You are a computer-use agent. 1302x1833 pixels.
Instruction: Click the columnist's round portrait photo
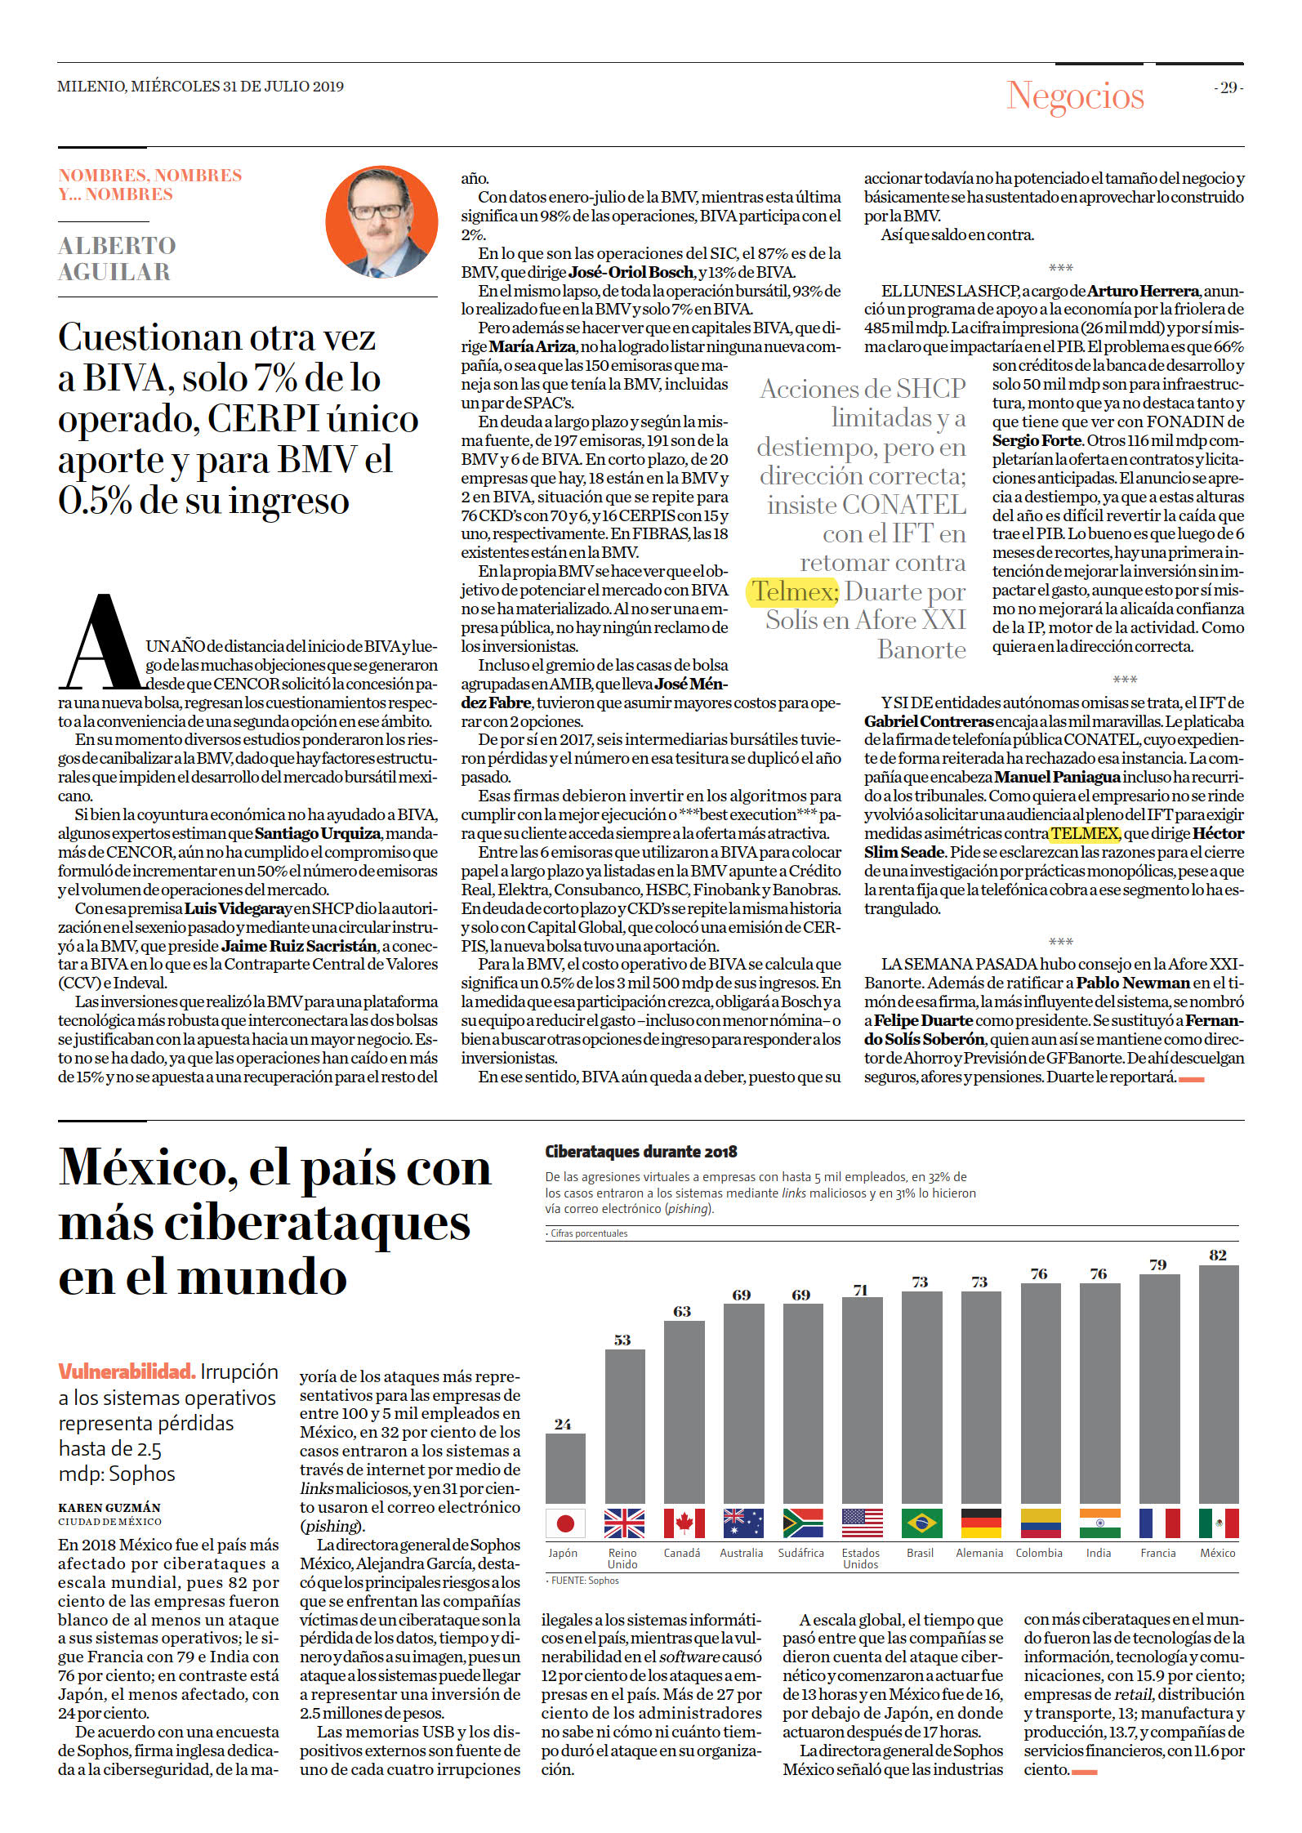click(381, 221)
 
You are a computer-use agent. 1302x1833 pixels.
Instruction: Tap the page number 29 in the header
click(1228, 87)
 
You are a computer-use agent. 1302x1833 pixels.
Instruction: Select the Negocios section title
click(1075, 96)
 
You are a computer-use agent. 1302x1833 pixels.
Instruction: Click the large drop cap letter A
click(101, 643)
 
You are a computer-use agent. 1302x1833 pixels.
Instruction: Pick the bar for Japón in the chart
click(565, 1468)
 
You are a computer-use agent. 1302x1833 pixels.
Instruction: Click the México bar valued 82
click(1218, 1384)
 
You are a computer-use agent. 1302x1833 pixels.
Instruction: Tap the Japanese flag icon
click(565, 1523)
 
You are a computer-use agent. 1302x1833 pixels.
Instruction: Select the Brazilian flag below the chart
click(922, 1523)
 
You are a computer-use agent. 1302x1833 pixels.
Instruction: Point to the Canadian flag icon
click(684, 1523)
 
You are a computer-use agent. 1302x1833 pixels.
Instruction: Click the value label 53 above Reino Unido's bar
click(622, 1340)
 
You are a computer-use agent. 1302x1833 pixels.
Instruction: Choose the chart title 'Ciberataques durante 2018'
click(641, 1152)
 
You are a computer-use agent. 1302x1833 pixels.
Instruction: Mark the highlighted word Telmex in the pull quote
click(792, 591)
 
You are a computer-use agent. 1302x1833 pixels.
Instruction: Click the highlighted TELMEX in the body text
click(1084, 833)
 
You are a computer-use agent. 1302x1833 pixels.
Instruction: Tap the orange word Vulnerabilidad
click(126, 1371)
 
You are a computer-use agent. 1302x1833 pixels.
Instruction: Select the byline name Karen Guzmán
click(109, 1508)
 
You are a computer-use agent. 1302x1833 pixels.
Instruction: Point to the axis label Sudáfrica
click(800, 1553)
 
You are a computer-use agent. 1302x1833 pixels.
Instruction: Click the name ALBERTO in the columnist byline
click(117, 245)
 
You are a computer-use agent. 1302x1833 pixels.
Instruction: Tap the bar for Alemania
click(981, 1397)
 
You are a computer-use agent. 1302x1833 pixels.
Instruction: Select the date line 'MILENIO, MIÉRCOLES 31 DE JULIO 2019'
click(200, 87)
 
